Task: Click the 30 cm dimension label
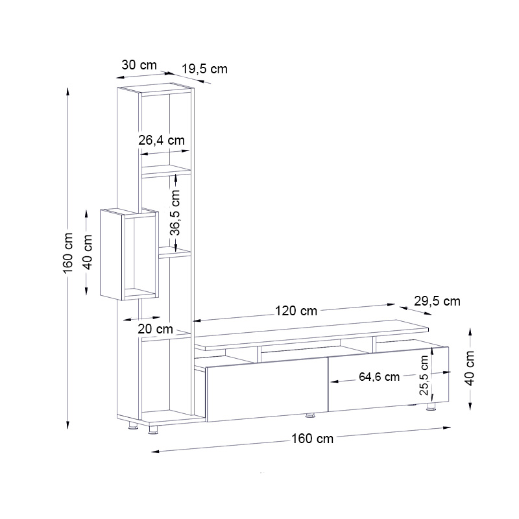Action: click(x=139, y=65)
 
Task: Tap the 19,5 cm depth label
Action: click(x=204, y=69)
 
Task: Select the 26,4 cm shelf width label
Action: click(x=162, y=139)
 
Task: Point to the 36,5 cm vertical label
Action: click(x=175, y=213)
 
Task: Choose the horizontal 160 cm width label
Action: click(x=313, y=439)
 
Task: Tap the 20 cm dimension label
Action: click(x=155, y=329)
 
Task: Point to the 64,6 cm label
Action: click(x=379, y=378)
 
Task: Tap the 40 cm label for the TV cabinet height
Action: click(x=470, y=368)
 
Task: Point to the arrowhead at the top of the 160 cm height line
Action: click(x=68, y=91)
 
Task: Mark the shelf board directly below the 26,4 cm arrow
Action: click(x=165, y=171)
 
